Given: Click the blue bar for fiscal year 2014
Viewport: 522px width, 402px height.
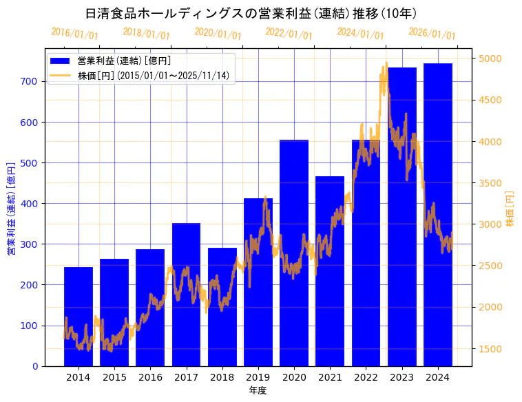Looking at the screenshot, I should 79,317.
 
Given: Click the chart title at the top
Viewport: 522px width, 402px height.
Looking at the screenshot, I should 251,13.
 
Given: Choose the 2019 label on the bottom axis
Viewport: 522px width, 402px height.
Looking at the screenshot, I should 258,377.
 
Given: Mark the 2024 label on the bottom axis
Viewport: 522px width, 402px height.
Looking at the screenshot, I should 437,377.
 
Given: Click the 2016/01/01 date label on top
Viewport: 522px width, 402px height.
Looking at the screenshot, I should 74,33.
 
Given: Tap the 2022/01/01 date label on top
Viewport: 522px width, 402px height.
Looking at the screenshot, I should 289,33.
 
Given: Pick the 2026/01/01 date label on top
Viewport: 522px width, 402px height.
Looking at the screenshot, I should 432,33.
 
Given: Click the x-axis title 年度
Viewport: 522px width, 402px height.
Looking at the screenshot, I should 258,390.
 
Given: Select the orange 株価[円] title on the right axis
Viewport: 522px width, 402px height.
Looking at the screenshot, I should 510,209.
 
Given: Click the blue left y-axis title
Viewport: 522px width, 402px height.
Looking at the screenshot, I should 11,209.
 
